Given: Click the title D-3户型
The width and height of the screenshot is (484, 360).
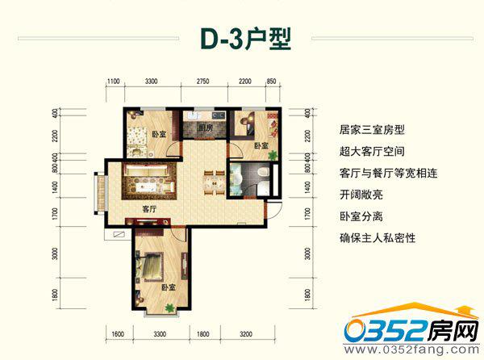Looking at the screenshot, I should [x=242, y=40].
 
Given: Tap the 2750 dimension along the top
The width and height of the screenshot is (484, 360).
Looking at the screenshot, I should [x=203, y=82].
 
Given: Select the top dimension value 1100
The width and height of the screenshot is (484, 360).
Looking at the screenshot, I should [x=113, y=82].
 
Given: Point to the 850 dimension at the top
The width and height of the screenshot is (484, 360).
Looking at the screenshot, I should [x=271, y=82].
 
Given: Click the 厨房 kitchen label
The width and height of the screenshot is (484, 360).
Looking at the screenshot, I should [x=204, y=128].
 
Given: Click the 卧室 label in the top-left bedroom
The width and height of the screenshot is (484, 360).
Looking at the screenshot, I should [x=159, y=134].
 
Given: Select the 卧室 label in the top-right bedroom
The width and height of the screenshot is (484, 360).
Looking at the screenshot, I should [x=261, y=145].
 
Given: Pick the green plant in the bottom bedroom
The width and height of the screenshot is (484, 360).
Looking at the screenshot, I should [x=169, y=308].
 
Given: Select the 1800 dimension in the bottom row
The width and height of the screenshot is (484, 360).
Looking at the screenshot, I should [x=204, y=333].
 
